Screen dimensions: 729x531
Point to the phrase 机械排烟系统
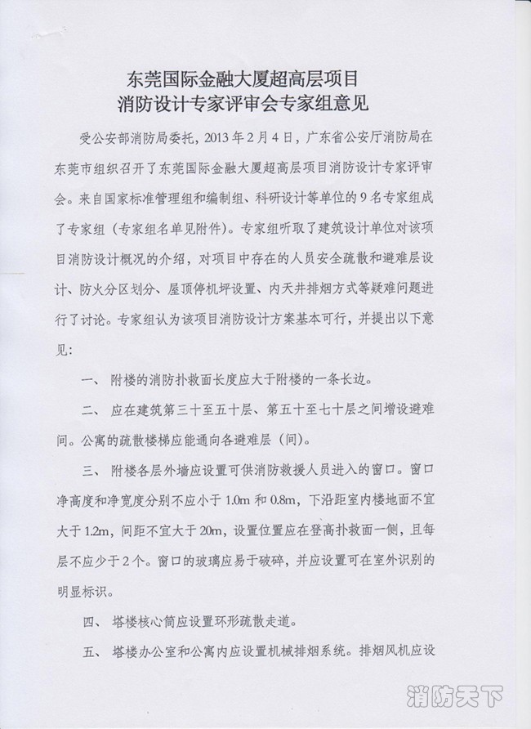[x=315, y=652]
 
